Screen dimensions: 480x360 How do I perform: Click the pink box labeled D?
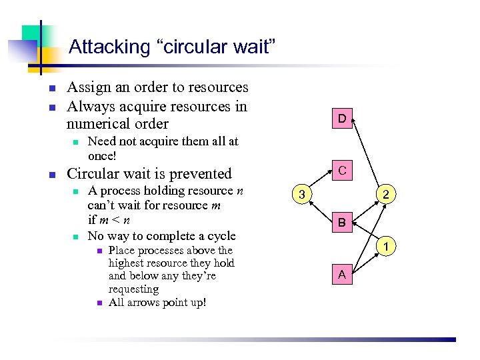341,119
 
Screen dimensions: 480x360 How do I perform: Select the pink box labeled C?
341,171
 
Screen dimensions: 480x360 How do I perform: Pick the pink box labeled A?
341,274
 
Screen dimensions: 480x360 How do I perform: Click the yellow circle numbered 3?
302,195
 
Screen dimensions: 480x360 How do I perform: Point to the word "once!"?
102,155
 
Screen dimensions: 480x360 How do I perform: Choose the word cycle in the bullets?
221,236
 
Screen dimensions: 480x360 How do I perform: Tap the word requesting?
133,289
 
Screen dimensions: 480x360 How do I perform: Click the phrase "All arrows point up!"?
157,303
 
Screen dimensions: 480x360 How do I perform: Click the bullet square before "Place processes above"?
97,251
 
